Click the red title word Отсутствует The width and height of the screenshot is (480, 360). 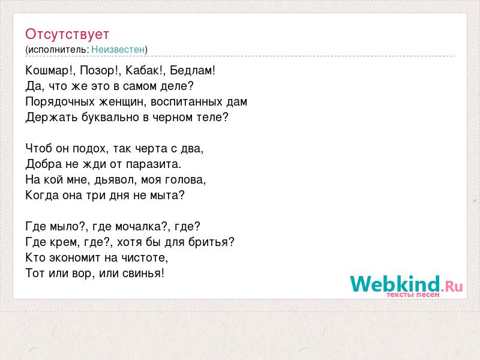pos(67,34)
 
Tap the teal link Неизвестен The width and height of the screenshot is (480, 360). pos(118,49)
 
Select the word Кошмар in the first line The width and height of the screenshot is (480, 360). pos(48,71)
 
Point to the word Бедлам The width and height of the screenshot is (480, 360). pos(191,70)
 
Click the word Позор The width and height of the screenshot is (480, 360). pos(97,71)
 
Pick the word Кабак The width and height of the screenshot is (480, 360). pos(142,70)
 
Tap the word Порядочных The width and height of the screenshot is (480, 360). pos(60,102)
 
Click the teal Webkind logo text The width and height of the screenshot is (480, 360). pos(395,284)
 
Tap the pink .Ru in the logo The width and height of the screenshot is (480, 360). pos(452,287)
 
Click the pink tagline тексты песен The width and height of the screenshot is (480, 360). pos(413,295)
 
